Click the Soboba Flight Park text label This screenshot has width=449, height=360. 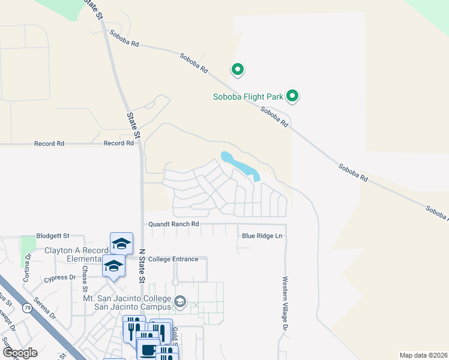[249, 97]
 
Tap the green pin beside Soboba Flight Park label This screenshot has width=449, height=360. [292, 95]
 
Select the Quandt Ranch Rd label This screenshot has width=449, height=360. [174, 224]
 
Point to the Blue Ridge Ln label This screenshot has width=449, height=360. [262, 236]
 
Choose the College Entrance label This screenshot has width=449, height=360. [173, 259]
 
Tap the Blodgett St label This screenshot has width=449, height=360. [53, 236]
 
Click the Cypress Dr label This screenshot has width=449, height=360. [59, 278]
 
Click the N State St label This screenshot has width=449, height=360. [142, 266]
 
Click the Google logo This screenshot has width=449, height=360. [20, 353]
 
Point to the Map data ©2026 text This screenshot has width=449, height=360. [423, 355]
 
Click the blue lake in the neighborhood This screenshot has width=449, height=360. [240, 164]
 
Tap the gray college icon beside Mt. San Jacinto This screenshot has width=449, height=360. [180, 301]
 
